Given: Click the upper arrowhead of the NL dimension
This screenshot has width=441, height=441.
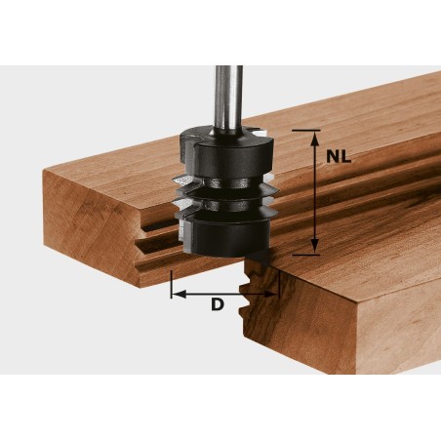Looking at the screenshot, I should coord(313,136).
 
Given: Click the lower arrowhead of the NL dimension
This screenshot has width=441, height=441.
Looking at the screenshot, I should coord(313,248).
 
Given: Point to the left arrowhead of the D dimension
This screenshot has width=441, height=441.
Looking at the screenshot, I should coord(177,292).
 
